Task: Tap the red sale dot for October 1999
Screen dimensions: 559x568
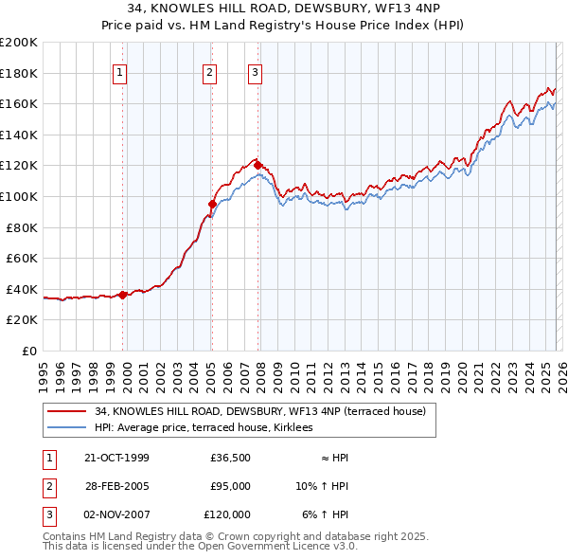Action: [123, 295]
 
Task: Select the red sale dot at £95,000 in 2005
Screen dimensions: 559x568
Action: [212, 204]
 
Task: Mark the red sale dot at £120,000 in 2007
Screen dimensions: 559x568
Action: [257, 166]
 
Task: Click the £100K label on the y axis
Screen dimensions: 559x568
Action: [19, 196]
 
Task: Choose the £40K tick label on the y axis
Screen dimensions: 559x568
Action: [22, 289]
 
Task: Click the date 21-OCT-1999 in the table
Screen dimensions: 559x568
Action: [117, 458]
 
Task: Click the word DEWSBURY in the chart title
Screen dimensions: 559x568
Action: [311, 9]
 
